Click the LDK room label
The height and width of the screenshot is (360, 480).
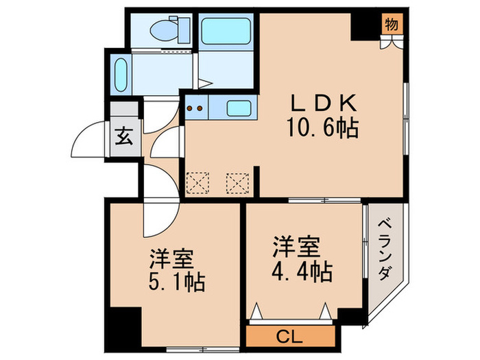323,104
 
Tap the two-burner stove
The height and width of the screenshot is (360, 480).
195,108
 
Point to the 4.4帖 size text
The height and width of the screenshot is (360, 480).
299,270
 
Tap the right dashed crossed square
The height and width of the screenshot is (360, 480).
237,183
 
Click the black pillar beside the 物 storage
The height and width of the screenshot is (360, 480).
363,26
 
